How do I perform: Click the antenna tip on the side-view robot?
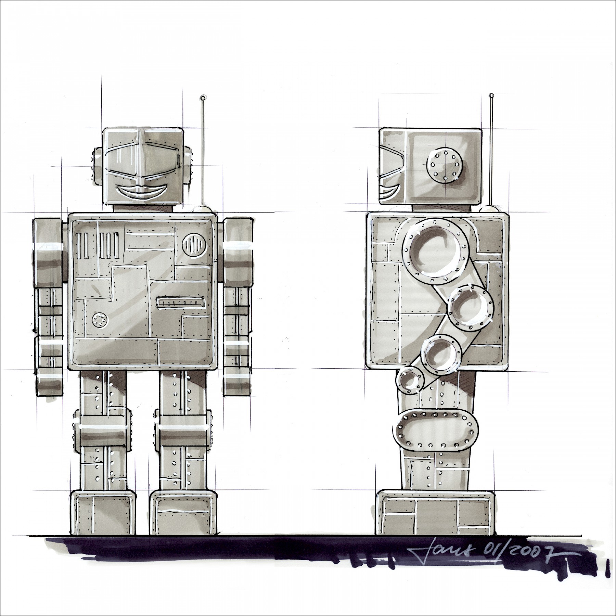pos(491,95)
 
